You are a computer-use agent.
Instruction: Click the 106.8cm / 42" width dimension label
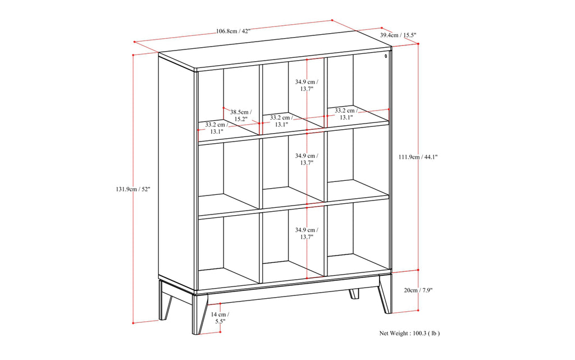(233, 31)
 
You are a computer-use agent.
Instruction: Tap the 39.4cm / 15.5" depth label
(398, 35)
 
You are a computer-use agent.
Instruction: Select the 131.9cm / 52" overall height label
(130, 189)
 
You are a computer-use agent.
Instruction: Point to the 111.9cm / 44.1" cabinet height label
(418, 157)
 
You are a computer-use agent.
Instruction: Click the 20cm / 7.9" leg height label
(418, 290)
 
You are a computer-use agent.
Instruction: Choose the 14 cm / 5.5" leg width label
(219, 318)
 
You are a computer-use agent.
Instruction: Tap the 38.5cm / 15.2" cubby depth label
(241, 115)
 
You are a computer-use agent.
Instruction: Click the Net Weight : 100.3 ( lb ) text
(409, 333)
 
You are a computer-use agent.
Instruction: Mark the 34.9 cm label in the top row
(306, 85)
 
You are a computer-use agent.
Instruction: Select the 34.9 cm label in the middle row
(306, 159)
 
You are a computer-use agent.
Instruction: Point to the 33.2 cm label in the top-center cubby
(281, 121)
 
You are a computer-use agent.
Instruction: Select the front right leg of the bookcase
(385, 293)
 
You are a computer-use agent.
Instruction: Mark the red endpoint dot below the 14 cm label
(220, 331)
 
